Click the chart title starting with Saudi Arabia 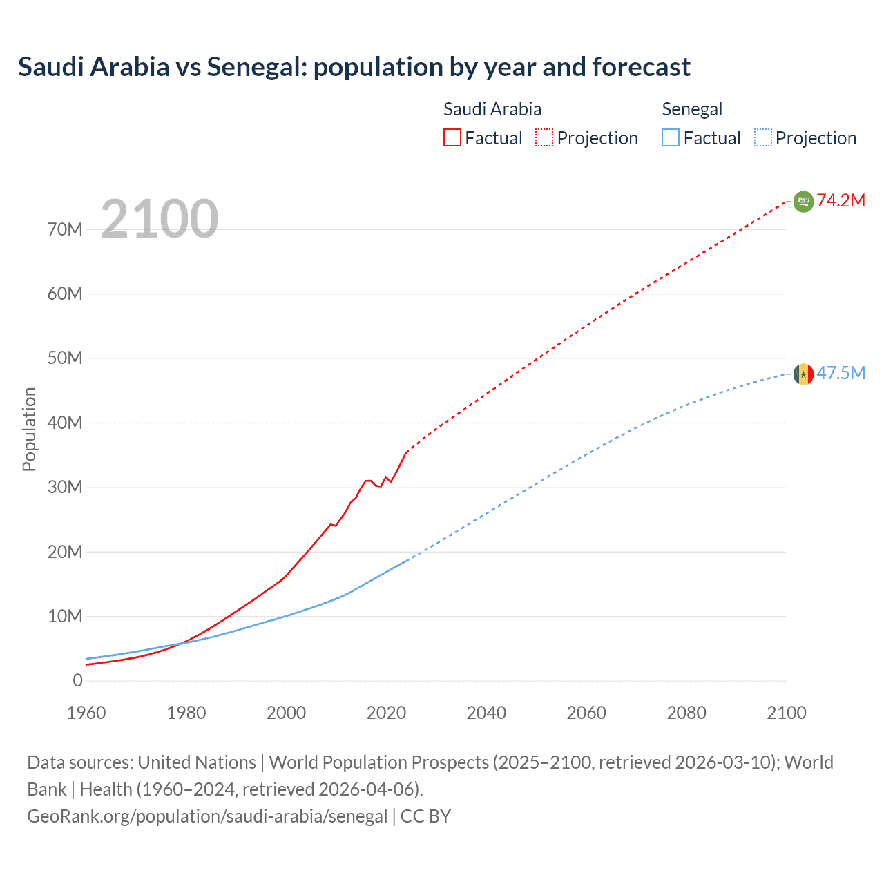[x=354, y=67]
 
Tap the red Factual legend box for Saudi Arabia [x=452, y=138]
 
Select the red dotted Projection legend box [x=544, y=138]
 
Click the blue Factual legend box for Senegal [x=671, y=138]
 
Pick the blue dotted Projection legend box [x=763, y=138]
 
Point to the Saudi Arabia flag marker [x=803, y=201]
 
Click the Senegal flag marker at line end [x=803, y=374]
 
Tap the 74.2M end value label [x=840, y=200]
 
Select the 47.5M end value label [x=840, y=373]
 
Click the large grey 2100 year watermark [x=160, y=219]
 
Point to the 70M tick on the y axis [x=65, y=229]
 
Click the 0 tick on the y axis [x=77, y=680]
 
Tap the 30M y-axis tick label [x=65, y=487]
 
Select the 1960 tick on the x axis [x=86, y=713]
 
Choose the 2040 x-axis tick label [x=486, y=713]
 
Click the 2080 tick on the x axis [x=686, y=713]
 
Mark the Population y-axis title [x=29, y=429]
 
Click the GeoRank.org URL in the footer [x=207, y=816]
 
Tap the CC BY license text [x=425, y=816]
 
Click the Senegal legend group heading [x=692, y=109]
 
